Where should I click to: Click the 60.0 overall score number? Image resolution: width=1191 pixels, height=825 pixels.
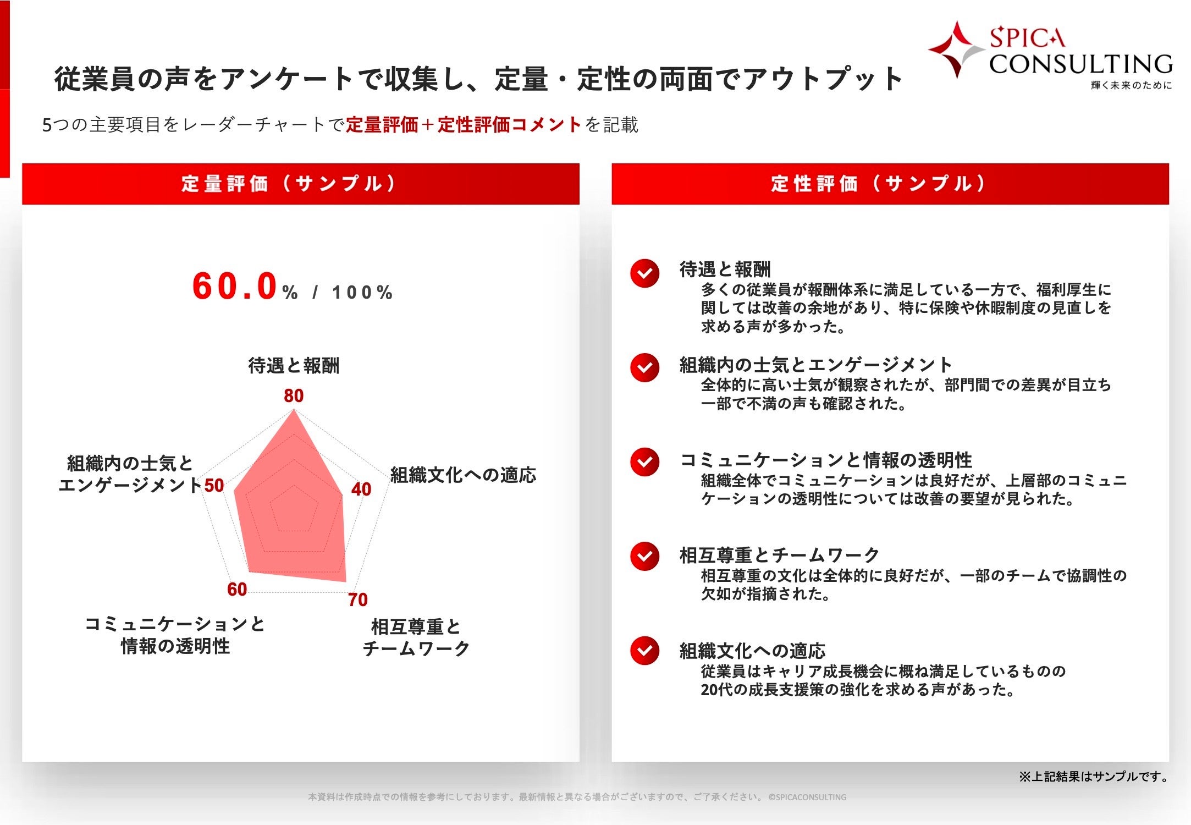click(234, 287)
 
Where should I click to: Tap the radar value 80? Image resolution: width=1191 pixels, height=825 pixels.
click(294, 395)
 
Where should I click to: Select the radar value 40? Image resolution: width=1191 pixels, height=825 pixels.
click(361, 489)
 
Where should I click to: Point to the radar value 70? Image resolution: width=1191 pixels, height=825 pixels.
click(357, 599)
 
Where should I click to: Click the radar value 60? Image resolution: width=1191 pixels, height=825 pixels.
click(237, 589)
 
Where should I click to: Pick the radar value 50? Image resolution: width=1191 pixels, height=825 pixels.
click(214, 485)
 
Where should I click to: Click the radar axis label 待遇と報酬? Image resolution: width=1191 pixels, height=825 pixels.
click(294, 365)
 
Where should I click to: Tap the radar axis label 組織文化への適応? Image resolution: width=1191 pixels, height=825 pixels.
click(463, 475)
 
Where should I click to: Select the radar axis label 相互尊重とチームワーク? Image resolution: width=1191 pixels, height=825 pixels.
click(416, 637)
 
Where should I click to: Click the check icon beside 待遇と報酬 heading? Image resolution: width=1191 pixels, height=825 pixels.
click(644, 273)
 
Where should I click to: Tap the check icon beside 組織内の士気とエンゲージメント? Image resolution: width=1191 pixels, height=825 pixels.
click(644, 367)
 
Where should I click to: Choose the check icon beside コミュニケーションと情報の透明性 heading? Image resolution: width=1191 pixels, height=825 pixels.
click(644, 462)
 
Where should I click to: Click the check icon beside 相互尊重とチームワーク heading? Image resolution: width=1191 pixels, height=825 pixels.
click(644, 557)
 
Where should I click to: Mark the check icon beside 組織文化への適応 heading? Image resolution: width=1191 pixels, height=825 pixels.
click(644, 651)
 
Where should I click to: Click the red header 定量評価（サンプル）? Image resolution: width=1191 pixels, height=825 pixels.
click(300, 184)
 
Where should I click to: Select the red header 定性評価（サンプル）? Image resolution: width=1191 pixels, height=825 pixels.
click(890, 184)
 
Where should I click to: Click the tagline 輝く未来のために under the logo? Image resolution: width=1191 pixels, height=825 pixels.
click(1131, 85)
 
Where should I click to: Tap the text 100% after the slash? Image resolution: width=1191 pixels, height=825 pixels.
click(362, 292)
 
